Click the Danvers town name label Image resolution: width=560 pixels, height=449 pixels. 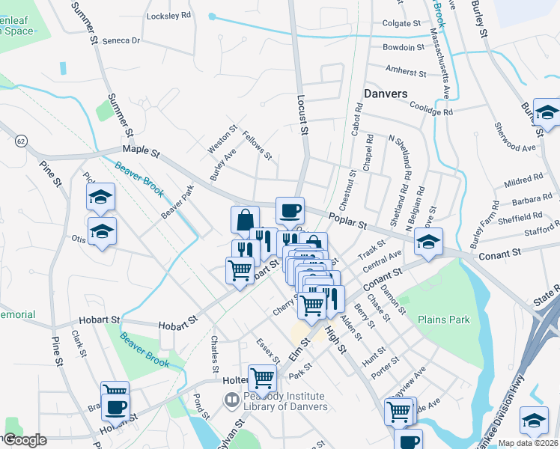tap(386, 94)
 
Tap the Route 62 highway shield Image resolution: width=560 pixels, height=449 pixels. tap(20, 140)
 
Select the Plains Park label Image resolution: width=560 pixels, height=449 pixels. tap(445, 320)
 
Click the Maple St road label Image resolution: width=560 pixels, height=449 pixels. tap(141, 151)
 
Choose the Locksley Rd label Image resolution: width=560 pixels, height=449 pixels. tap(169, 15)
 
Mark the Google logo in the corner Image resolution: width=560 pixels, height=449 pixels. tap(25, 440)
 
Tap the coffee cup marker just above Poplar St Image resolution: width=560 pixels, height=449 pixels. tap(290, 211)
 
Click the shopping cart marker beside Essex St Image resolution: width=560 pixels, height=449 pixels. tap(262, 379)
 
